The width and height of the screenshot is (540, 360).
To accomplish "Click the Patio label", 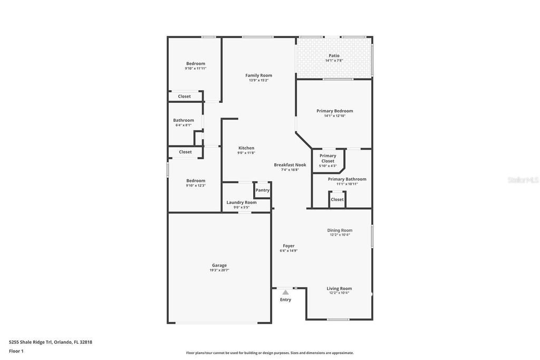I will coord(334,55).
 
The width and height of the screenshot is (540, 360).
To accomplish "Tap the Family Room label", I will coord(258,75).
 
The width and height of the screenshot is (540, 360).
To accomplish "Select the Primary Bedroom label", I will coord(334,111).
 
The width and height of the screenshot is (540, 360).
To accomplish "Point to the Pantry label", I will coord(263,190).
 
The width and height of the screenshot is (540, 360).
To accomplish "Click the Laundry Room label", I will coord(242,202).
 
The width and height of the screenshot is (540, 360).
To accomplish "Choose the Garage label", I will coord(219,265).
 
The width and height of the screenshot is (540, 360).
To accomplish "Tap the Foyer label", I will coord(288,246).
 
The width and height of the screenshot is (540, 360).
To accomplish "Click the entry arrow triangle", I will coord(285,292).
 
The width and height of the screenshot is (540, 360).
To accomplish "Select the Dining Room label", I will coord(340,230).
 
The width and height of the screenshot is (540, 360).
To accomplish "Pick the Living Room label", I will coord(339,288).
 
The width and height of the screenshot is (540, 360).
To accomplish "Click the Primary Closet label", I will coord(328,158).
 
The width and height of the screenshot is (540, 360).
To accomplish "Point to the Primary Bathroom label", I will coord(347,179).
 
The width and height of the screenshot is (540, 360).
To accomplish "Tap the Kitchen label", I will coord(246,148).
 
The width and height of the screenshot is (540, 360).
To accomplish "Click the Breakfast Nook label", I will coord(290,165).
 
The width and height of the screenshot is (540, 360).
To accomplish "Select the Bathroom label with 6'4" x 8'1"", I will coord(184,120).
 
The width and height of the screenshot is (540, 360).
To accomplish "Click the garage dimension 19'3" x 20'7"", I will coord(219,270).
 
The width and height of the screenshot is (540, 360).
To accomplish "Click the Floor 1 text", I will coord(16,351).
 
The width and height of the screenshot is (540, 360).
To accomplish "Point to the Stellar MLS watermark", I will coord(523,180).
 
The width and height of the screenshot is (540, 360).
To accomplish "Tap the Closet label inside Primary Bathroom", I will coord(337,199).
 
